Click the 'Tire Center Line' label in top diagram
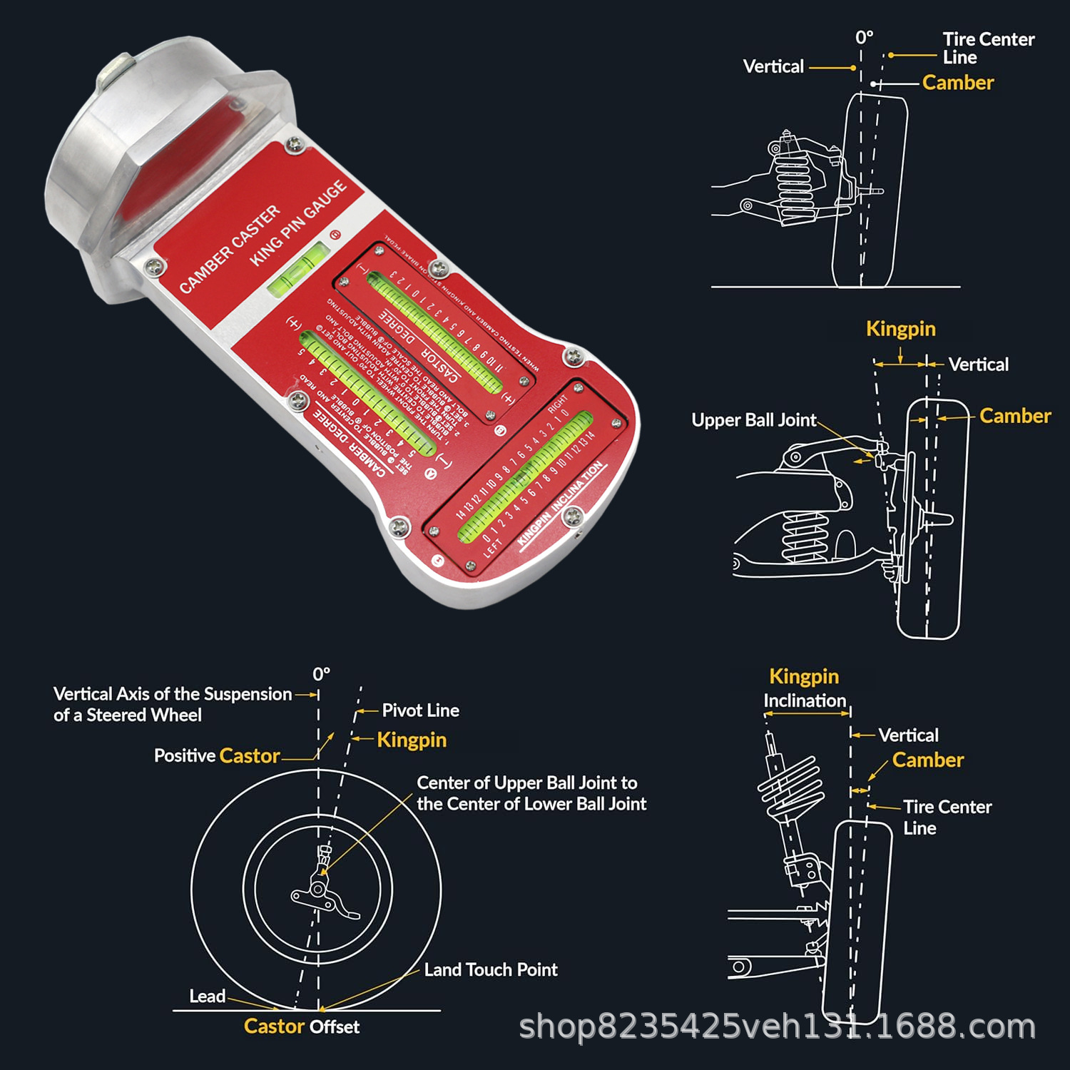click(x=988, y=48)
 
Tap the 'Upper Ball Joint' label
click(x=753, y=420)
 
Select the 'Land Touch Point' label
click(x=491, y=969)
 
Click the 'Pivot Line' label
click(x=420, y=710)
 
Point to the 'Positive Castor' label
click(x=217, y=756)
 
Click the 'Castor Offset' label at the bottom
click(x=301, y=1026)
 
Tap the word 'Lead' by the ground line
click(x=207, y=997)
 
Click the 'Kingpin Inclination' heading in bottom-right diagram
click(x=804, y=688)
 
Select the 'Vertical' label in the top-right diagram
click(x=773, y=67)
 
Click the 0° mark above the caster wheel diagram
click(x=321, y=674)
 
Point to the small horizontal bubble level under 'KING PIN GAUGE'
click(x=298, y=271)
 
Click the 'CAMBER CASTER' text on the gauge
click(x=230, y=249)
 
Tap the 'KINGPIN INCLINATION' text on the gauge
click(x=561, y=504)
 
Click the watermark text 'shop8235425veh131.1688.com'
click(x=777, y=1027)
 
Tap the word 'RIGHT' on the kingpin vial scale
click(x=557, y=404)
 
